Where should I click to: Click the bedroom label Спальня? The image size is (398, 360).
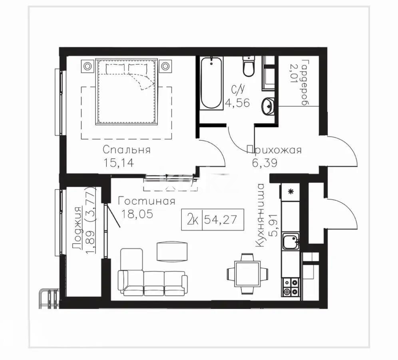pos(126,150)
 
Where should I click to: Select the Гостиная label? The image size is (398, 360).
pos(147,201)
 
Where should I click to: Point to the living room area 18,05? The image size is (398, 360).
pos(137,214)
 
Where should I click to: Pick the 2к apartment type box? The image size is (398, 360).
pos(193,219)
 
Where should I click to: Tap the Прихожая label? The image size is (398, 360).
pos(274,150)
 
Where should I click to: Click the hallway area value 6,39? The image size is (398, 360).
pos(264,162)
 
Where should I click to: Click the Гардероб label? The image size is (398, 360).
pos(306,82)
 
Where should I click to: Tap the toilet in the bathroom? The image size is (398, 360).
pos(249,66)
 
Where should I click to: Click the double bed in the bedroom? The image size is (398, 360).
pos(126,92)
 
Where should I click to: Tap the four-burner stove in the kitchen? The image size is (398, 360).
pos(291,287)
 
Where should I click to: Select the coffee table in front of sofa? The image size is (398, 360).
pos(171,252)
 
